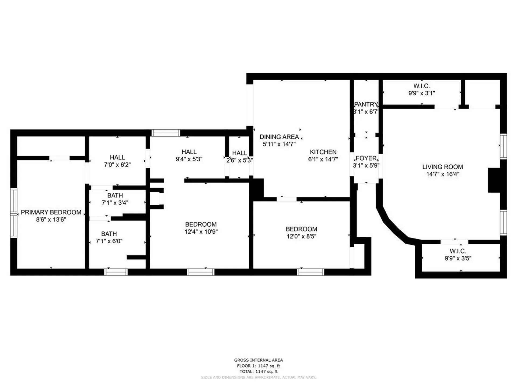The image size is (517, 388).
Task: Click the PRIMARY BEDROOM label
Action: click(x=51, y=212)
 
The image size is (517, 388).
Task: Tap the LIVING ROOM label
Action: click(x=443, y=167)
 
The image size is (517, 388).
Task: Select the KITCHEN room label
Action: click(x=323, y=152)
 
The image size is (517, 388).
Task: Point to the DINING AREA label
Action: click(x=279, y=137)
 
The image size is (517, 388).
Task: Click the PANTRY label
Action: click(x=366, y=104)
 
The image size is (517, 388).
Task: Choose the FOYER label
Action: click(x=366, y=158)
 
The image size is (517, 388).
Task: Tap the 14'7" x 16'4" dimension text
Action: click(x=443, y=174)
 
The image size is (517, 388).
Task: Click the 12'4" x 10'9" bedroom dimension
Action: click(x=201, y=232)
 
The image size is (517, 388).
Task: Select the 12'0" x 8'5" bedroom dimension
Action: click(x=301, y=236)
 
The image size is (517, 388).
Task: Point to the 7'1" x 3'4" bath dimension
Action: click(x=115, y=203)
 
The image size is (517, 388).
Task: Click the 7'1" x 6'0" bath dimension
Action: click(x=109, y=241)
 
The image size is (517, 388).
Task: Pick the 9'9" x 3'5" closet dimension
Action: click(x=458, y=258)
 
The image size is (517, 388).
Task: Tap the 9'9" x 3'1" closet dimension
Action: click(x=422, y=93)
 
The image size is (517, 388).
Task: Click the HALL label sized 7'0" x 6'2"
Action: click(x=117, y=157)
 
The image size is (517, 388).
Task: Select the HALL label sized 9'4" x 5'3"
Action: click(x=189, y=152)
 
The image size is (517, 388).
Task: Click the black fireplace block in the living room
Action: click(x=494, y=180)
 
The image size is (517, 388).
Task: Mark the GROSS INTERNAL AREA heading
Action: click(x=258, y=360)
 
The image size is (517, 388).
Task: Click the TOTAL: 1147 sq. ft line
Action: click(x=258, y=371)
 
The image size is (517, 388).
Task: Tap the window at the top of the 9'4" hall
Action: click(x=166, y=133)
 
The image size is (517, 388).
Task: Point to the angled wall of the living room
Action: click(x=392, y=225)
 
